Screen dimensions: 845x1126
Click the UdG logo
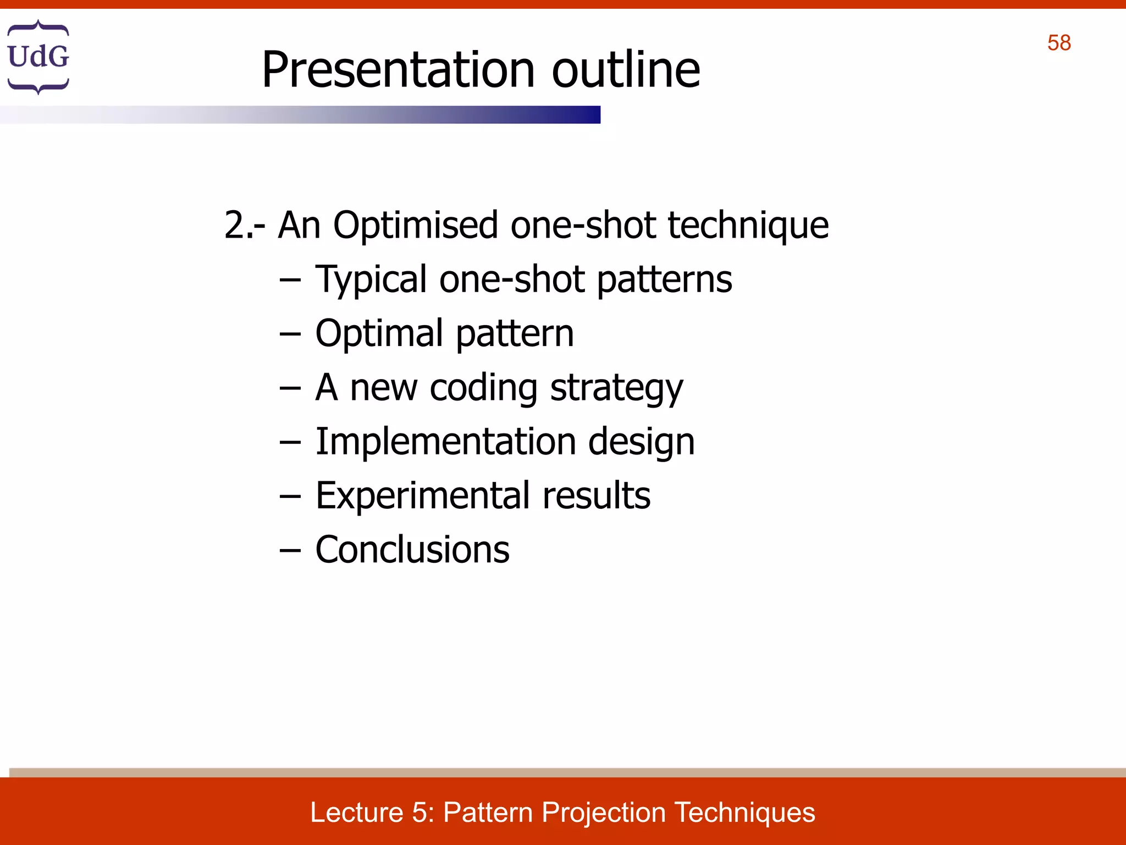click(38, 57)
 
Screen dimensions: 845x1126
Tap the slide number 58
click(1058, 43)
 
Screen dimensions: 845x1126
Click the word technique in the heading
click(748, 226)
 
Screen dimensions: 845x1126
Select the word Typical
click(371, 280)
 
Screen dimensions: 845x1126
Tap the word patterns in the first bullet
click(664, 280)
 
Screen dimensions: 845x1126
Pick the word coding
click(483, 388)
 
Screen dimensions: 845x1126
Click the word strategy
click(616, 388)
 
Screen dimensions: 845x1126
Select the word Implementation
click(445, 442)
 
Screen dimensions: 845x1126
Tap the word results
click(596, 496)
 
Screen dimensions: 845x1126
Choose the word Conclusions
click(412, 550)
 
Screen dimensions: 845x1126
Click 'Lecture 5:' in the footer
click(372, 813)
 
